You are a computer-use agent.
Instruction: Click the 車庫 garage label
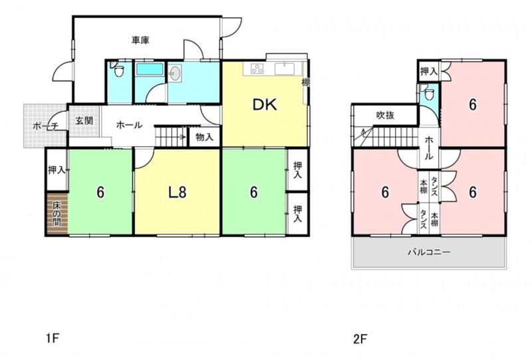pyautogui.click(x=140, y=41)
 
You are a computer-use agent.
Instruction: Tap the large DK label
pyautogui.click(x=265, y=105)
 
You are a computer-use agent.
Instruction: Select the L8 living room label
pyautogui.click(x=178, y=192)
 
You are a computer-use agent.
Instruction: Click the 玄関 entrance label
pyautogui.click(x=84, y=120)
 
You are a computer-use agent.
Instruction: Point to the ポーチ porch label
pyautogui.click(x=45, y=126)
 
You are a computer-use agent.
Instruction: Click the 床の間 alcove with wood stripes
pyautogui.click(x=57, y=214)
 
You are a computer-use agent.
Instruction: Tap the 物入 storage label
pyautogui.click(x=205, y=137)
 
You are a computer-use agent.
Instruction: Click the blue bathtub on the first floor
pyautogui.click(x=149, y=70)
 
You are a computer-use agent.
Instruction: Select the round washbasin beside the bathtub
pyautogui.click(x=175, y=73)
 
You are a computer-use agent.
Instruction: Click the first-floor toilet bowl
pyautogui.click(x=118, y=71)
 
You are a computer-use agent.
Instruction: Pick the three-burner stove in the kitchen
pyautogui.click(x=257, y=69)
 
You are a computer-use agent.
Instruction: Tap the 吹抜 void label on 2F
pyautogui.click(x=386, y=116)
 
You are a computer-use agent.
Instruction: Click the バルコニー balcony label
pyautogui.click(x=429, y=252)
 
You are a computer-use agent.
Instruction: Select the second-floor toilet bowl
pyautogui.click(x=430, y=94)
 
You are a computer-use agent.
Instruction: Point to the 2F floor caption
pyautogui.click(x=360, y=339)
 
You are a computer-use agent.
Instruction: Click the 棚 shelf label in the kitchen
pyautogui.click(x=305, y=82)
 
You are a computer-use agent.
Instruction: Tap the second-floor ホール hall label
pyautogui.click(x=429, y=148)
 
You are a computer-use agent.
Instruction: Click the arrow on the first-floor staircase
pyautogui.click(x=180, y=137)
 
